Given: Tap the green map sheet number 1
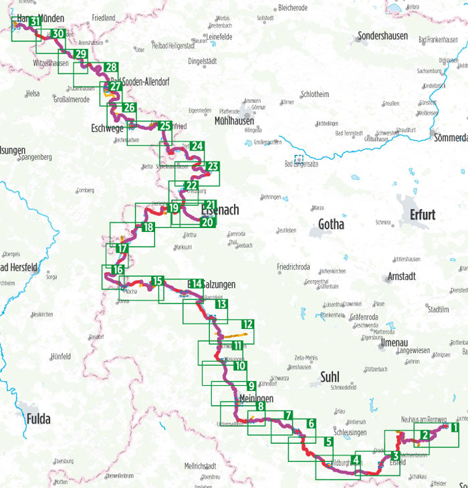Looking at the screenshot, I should (x=454, y=427).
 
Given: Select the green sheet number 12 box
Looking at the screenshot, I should (x=247, y=324).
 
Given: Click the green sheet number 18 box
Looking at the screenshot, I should (x=148, y=227).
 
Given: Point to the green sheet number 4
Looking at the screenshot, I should (x=356, y=459).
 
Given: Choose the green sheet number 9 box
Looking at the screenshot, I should (x=251, y=386).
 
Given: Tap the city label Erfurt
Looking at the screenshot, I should (x=419, y=215).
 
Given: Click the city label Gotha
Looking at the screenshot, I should (x=331, y=225).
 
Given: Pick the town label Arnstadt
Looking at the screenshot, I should (x=401, y=276).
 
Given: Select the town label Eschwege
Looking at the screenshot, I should (x=106, y=128).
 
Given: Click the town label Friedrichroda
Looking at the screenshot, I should (x=294, y=267).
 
